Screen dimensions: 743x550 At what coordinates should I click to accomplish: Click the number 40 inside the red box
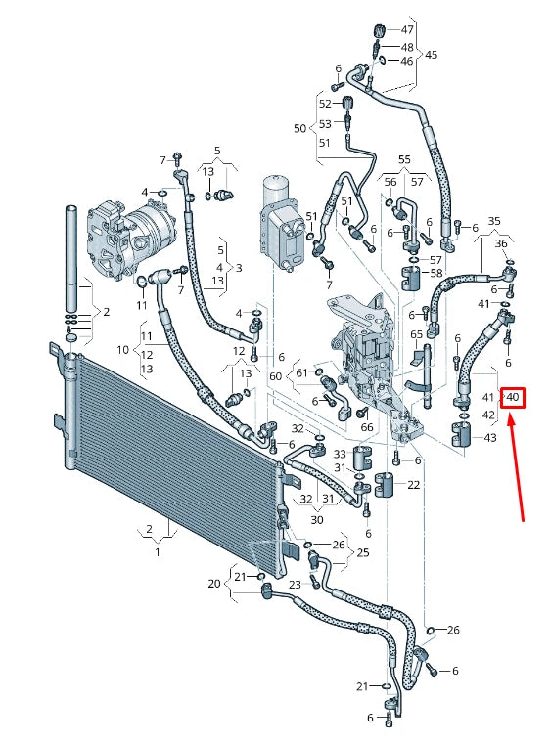[x=513, y=397]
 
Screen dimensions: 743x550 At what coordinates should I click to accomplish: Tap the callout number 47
[x=407, y=30]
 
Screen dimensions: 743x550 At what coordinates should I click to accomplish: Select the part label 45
[x=432, y=55]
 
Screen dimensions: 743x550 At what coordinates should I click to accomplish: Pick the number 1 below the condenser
[x=157, y=552]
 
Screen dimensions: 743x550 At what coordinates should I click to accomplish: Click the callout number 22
[x=414, y=485]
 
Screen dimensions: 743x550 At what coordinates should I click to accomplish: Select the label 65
[x=417, y=334]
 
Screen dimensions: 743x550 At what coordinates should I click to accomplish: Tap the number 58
[x=435, y=273]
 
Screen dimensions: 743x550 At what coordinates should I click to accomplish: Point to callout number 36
[x=501, y=243]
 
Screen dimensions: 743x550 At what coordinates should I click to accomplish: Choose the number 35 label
[x=494, y=221]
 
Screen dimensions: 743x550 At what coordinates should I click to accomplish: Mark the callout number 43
[x=490, y=437]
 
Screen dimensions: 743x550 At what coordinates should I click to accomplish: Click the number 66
[x=366, y=427]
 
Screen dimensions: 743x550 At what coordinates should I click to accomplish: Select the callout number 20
[x=214, y=584]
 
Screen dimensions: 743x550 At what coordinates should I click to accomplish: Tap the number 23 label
[x=294, y=585]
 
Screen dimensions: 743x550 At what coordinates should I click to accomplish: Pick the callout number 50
[x=299, y=128]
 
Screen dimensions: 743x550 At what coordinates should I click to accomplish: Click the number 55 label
[x=404, y=158]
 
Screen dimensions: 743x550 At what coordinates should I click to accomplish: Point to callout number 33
[x=339, y=455]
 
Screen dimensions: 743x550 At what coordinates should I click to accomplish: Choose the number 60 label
[x=275, y=376]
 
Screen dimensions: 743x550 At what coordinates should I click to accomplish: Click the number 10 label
[x=122, y=349]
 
